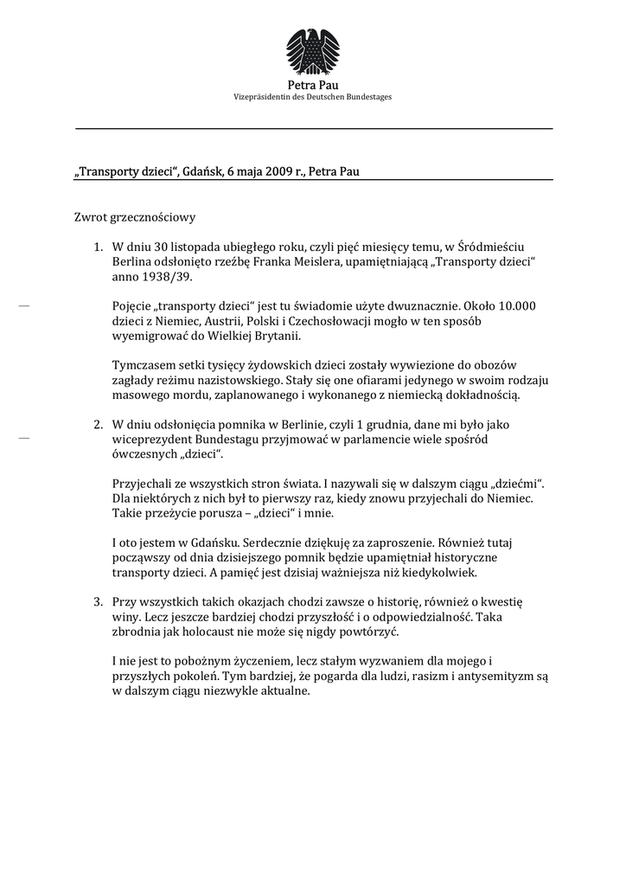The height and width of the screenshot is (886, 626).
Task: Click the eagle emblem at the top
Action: (x=312, y=51)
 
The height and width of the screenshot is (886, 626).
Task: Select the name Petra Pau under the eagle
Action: (x=313, y=85)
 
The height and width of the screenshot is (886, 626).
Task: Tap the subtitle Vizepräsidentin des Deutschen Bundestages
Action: (x=313, y=97)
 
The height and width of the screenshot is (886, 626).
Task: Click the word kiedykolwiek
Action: (x=437, y=571)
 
